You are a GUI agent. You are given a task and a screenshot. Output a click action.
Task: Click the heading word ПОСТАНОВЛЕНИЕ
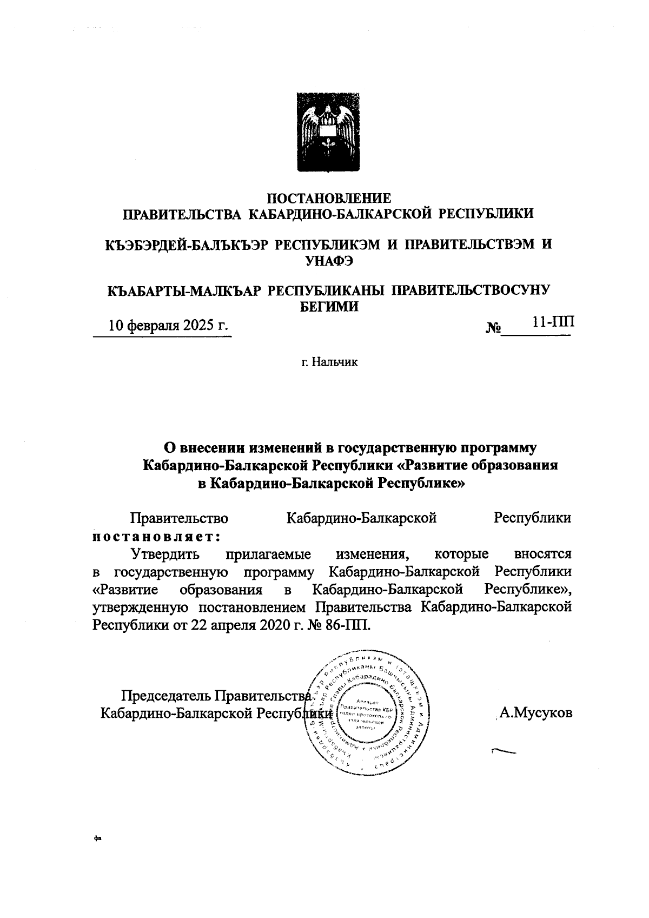[329, 198]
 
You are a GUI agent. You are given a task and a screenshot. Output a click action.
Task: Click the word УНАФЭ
[329, 260]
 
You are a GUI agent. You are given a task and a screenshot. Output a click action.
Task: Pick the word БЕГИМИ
[329, 306]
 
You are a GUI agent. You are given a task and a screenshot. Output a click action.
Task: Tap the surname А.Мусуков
[535, 712]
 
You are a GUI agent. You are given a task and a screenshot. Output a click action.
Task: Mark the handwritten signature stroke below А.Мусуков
[502, 751]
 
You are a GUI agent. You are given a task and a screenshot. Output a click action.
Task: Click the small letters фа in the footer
[97, 854]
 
